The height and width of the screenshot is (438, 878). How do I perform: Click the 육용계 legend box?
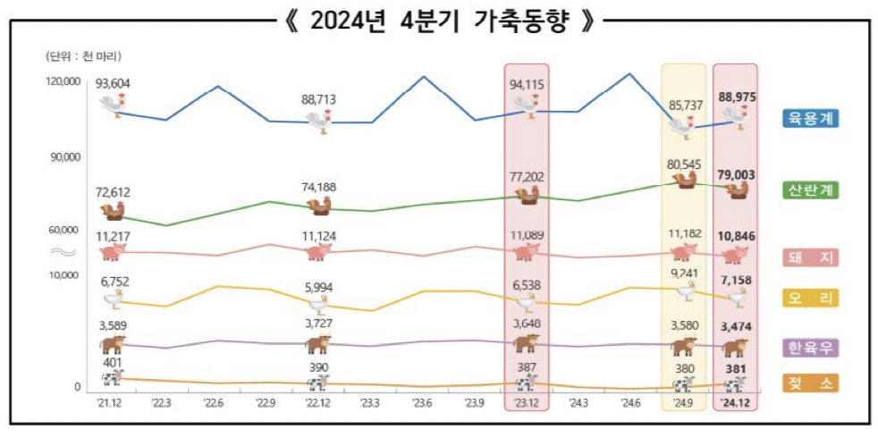point(812,118)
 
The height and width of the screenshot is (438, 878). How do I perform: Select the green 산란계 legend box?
point(812,190)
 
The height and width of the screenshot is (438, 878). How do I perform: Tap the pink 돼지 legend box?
point(812,257)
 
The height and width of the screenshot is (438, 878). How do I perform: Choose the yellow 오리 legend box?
point(812,299)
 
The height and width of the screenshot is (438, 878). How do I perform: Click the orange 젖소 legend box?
point(812,384)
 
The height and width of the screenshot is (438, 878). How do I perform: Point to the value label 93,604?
point(114,84)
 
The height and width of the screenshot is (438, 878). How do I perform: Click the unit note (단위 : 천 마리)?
point(84,55)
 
